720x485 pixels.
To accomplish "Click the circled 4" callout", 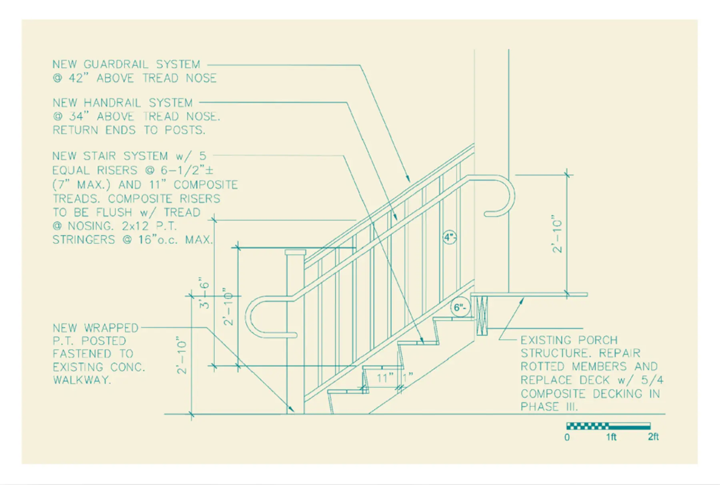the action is [450, 238].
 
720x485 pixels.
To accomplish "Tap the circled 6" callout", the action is [460, 307].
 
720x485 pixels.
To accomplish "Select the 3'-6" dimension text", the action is [204, 293].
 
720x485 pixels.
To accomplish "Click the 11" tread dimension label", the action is [385, 378].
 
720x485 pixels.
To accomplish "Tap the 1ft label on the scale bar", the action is [611, 437].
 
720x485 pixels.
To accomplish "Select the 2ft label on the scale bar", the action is [653, 437].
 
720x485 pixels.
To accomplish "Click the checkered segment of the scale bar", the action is [588, 426].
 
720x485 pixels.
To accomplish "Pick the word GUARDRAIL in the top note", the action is [116, 64].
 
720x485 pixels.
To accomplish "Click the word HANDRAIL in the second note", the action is [112, 103].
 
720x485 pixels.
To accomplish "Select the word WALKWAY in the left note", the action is [82, 380].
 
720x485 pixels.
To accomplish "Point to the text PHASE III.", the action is [549, 407].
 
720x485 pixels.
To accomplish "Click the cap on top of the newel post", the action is [295, 252].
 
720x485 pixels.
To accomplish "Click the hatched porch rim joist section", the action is [482, 315].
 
